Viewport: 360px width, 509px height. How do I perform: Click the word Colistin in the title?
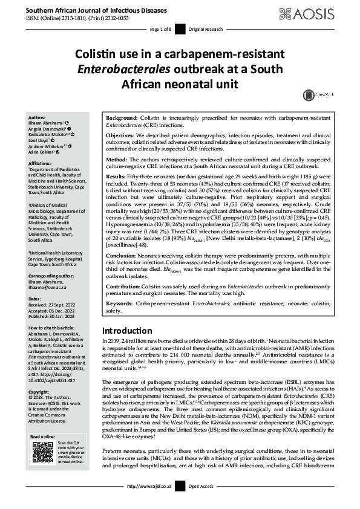[97, 56]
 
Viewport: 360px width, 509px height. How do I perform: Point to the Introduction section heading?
[127, 331]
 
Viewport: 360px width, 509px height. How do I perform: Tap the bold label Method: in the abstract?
[117, 157]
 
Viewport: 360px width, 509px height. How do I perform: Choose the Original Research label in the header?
[205, 29]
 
